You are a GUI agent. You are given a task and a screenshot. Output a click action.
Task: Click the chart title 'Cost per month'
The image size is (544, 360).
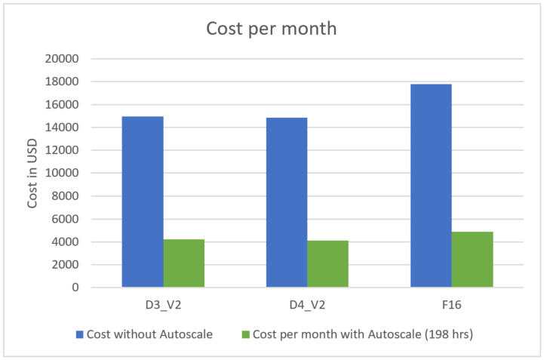pos(272,29)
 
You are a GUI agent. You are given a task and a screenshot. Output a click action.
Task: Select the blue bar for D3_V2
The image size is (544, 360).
pos(143,202)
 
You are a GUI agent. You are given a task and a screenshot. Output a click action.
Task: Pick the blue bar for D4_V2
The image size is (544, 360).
pos(287,202)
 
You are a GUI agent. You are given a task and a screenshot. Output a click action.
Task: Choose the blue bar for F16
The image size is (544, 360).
pos(431,186)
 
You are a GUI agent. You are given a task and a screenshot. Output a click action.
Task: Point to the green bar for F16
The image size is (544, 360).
pos(472,259)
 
